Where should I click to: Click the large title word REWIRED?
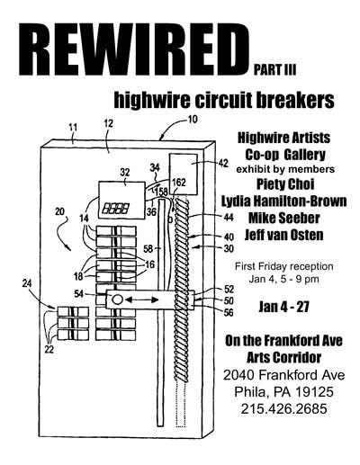[134, 49]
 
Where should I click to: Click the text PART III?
[274, 70]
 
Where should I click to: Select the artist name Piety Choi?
[285, 184]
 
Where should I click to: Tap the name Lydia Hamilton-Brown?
[284, 201]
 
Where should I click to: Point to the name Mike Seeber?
[284, 218]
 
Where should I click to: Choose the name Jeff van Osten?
[284, 235]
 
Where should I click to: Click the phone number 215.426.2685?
[283, 408]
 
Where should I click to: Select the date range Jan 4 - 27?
[284, 307]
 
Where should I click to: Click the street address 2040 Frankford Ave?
[284, 375]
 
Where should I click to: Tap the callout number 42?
[223, 164]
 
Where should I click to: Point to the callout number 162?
[179, 183]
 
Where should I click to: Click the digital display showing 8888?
[116, 209]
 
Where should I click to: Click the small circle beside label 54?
[117, 299]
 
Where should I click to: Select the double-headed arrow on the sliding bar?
[142, 300]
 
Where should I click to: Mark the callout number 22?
[49, 349]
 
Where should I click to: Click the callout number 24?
[27, 283]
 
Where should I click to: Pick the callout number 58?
[148, 248]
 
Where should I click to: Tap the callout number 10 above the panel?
[193, 120]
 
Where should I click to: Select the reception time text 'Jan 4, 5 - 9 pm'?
[283, 280]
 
